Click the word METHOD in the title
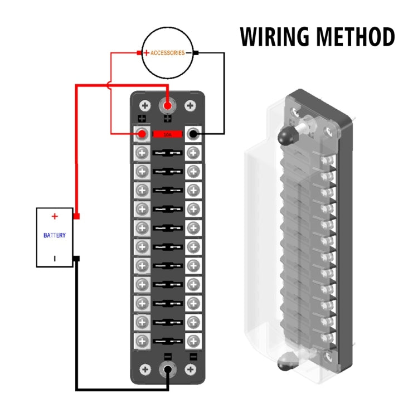[x=355, y=37]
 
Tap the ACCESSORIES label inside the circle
[x=168, y=53]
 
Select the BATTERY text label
[x=55, y=235]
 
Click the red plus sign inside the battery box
[x=55, y=216]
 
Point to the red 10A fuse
[x=168, y=134]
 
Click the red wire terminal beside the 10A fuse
[x=143, y=134]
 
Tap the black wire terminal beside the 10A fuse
[x=193, y=134]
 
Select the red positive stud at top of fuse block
[x=168, y=105]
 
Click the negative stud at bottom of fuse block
[x=168, y=370]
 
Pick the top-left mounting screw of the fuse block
[x=145, y=105]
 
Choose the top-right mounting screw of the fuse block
[x=190, y=105]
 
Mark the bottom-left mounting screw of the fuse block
[x=145, y=370]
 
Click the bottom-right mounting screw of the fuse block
[x=190, y=370]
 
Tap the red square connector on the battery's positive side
[x=77, y=216]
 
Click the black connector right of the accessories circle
[x=197, y=54]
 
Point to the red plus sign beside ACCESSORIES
[x=146, y=53]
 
